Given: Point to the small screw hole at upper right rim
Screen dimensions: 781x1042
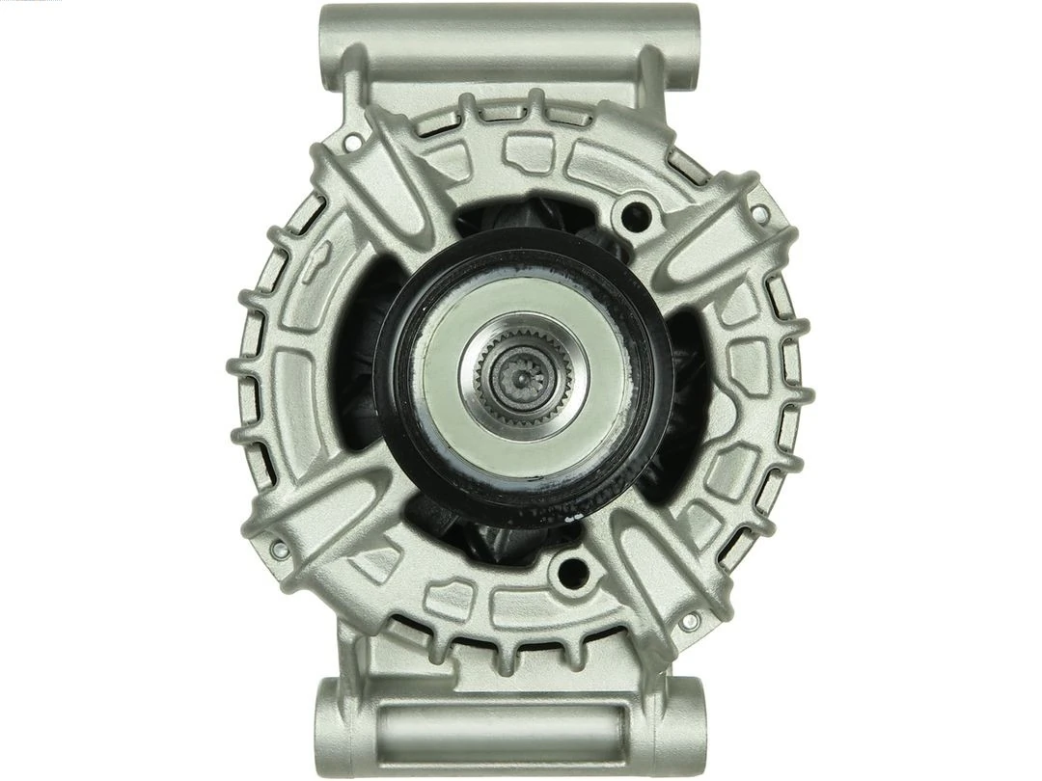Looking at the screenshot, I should (x=760, y=213).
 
